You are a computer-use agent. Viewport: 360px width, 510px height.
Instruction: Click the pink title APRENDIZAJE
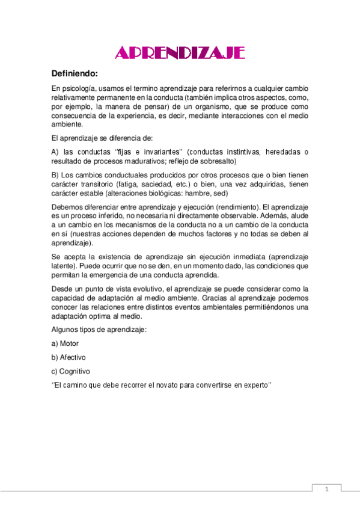[180, 54]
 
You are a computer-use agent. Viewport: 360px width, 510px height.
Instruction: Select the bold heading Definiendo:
[75, 74]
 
